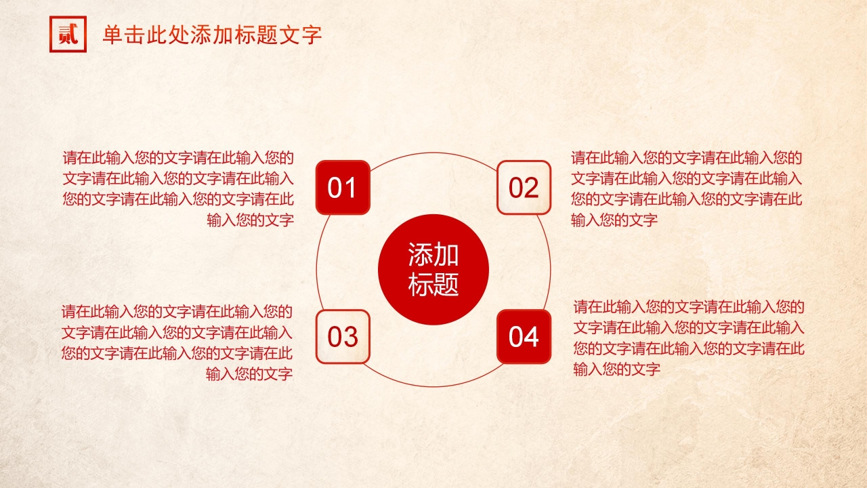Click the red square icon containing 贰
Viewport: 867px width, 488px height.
coord(68,34)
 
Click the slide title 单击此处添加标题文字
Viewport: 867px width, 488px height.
coord(212,35)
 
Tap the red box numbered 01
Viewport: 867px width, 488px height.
coord(343,188)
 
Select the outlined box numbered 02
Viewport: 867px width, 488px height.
coord(524,188)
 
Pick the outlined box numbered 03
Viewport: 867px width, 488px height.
coord(343,337)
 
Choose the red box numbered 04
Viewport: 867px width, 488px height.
coord(524,337)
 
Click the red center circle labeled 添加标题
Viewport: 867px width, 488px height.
coord(433,270)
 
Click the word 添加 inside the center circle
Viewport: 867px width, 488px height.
coord(433,255)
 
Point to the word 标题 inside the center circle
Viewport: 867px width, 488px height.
coord(433,285)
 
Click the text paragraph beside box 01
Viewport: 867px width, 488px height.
coord(178,189)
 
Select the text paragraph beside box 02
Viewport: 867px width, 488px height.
coord(687,189)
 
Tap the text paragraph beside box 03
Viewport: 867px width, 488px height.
coord(177,343)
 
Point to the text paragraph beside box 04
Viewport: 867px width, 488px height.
coord(689,338)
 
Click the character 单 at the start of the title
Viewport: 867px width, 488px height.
coord(113,35)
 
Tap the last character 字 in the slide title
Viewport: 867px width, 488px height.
coord(312,35)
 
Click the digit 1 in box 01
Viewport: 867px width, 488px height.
coord(350,188)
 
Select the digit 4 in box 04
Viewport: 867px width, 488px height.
coord(532,337)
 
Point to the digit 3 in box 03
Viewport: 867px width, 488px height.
coord(350,337)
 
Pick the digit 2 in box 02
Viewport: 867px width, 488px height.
coord(532,188)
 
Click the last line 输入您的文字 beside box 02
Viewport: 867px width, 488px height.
coord(614,220)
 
